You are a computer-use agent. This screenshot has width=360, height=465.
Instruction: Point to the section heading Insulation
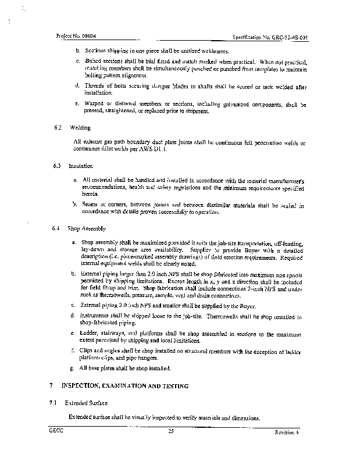click(x=81, y=166)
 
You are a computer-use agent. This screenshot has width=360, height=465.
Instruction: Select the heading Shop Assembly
click(x=85, y=228)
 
